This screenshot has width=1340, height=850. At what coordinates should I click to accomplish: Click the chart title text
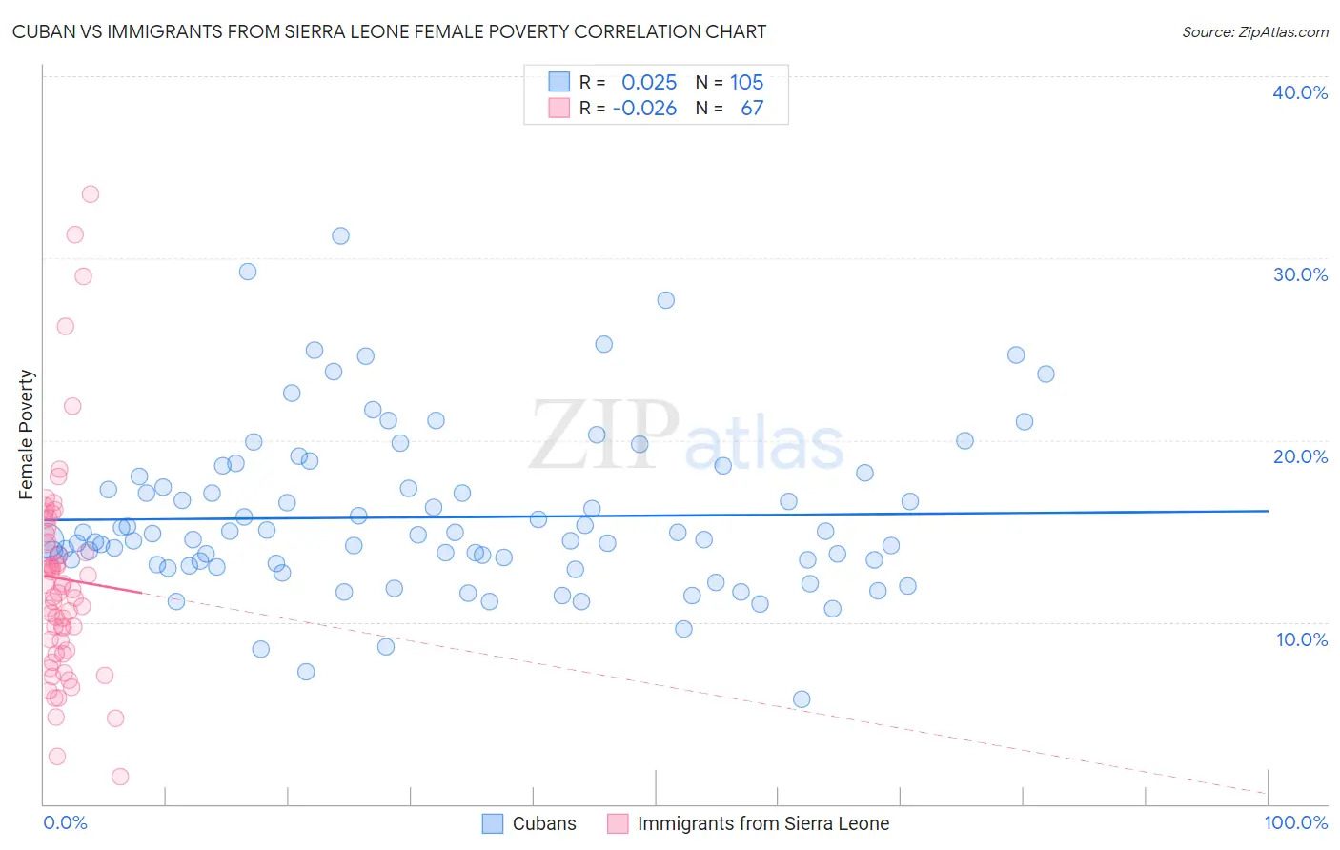click(389, 32)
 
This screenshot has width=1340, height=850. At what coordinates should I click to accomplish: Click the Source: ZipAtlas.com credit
click(1254, 32)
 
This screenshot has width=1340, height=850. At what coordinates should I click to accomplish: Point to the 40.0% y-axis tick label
click(1300, 92)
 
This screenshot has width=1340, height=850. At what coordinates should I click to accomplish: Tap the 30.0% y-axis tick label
click(1300, 274)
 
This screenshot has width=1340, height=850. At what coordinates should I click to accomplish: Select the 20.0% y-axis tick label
click(1300, 456)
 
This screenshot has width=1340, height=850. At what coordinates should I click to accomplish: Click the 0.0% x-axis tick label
click(65, 823)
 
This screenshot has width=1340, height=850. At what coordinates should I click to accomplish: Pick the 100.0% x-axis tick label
click(1295, 823)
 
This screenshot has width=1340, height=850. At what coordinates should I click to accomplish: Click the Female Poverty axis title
click(27, 435)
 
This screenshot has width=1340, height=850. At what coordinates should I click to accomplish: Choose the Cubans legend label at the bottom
click(544, 824)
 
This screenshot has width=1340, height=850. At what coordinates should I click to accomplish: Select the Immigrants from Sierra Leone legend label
click(762, 824)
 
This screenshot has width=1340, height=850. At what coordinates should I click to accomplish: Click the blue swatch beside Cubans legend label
click(493, 824)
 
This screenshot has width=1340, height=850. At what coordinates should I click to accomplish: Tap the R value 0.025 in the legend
click(649, 83)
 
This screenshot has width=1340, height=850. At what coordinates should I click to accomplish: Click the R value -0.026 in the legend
click(644, 109)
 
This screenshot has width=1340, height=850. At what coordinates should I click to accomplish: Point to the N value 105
click(747, 83)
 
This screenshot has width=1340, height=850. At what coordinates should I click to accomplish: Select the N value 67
click(752, 109)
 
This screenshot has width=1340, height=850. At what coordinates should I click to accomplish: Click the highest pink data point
click(91, 194)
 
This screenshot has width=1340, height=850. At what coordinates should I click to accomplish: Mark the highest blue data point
click(340, 236)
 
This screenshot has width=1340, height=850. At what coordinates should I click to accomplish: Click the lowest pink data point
click(120, 777)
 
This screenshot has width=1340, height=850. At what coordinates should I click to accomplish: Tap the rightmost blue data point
click(1046, 374)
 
